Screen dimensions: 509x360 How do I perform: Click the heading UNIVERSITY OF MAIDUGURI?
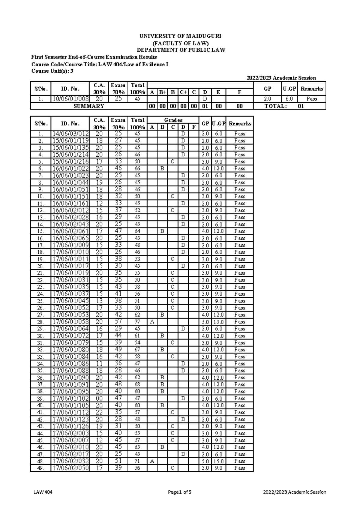180,36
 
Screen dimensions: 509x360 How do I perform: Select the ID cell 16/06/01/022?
70,169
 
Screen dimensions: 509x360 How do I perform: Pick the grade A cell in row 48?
152,461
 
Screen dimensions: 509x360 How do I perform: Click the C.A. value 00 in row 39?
99,399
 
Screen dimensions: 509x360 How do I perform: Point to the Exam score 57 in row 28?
118,322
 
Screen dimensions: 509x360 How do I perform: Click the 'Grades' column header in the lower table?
173,120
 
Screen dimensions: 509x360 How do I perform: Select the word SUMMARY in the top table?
89,106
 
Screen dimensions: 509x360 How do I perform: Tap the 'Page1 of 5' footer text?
180,492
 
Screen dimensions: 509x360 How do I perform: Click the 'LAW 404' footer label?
43,492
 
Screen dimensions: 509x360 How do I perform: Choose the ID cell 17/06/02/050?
70,468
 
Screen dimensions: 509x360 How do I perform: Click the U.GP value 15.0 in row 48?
218,461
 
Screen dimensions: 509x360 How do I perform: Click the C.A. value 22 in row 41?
99,412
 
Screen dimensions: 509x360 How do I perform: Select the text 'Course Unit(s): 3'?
52,71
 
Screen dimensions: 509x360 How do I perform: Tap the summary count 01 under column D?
205,106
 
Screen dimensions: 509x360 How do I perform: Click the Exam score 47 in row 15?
118,231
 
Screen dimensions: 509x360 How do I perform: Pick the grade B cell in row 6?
162,169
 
